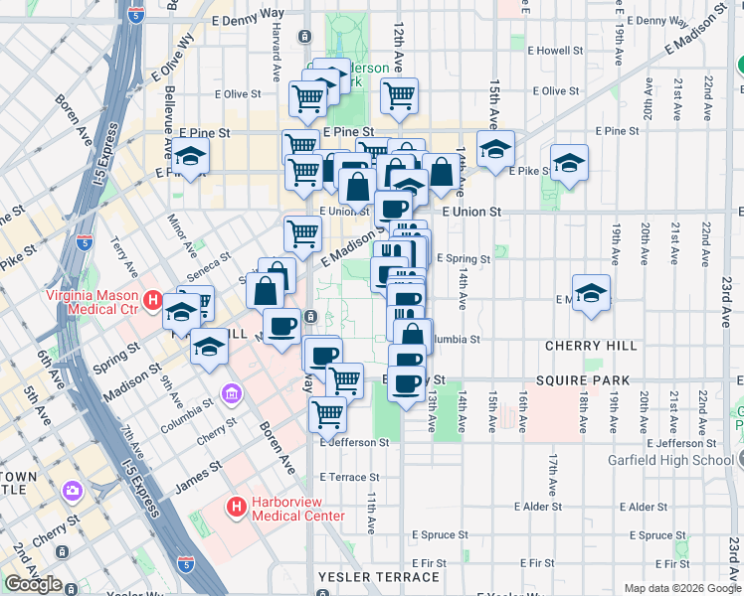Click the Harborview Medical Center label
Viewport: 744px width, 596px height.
(x=297, y=509)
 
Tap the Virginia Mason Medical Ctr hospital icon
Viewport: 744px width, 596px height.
(x=152, y=299)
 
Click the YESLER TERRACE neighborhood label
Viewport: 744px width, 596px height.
(x=378, y=577)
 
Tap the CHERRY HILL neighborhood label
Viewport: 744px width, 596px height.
(x=591, y=346)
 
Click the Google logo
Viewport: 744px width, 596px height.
(x=33, y=584)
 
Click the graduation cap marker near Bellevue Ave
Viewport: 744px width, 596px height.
(x=190, y=156)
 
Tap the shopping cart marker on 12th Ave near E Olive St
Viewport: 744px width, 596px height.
(x=399, y=95)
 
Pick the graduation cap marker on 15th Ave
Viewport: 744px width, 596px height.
(x=494, y=149)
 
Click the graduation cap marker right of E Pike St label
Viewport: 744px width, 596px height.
(x=569, y=163)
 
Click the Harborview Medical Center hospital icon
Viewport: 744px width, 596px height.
(x=237, y=509)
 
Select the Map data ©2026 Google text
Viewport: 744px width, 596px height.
(x=681, y=588)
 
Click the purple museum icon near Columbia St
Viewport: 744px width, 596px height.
(x=232, y=394)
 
